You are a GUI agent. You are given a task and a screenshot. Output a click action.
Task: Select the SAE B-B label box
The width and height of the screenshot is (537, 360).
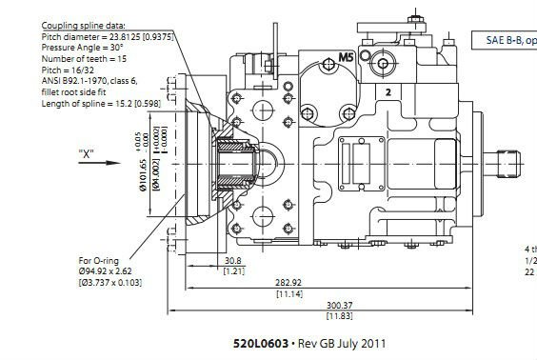tap(506, 42)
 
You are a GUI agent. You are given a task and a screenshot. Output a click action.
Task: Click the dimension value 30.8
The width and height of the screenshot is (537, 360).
tap(230, 261)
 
